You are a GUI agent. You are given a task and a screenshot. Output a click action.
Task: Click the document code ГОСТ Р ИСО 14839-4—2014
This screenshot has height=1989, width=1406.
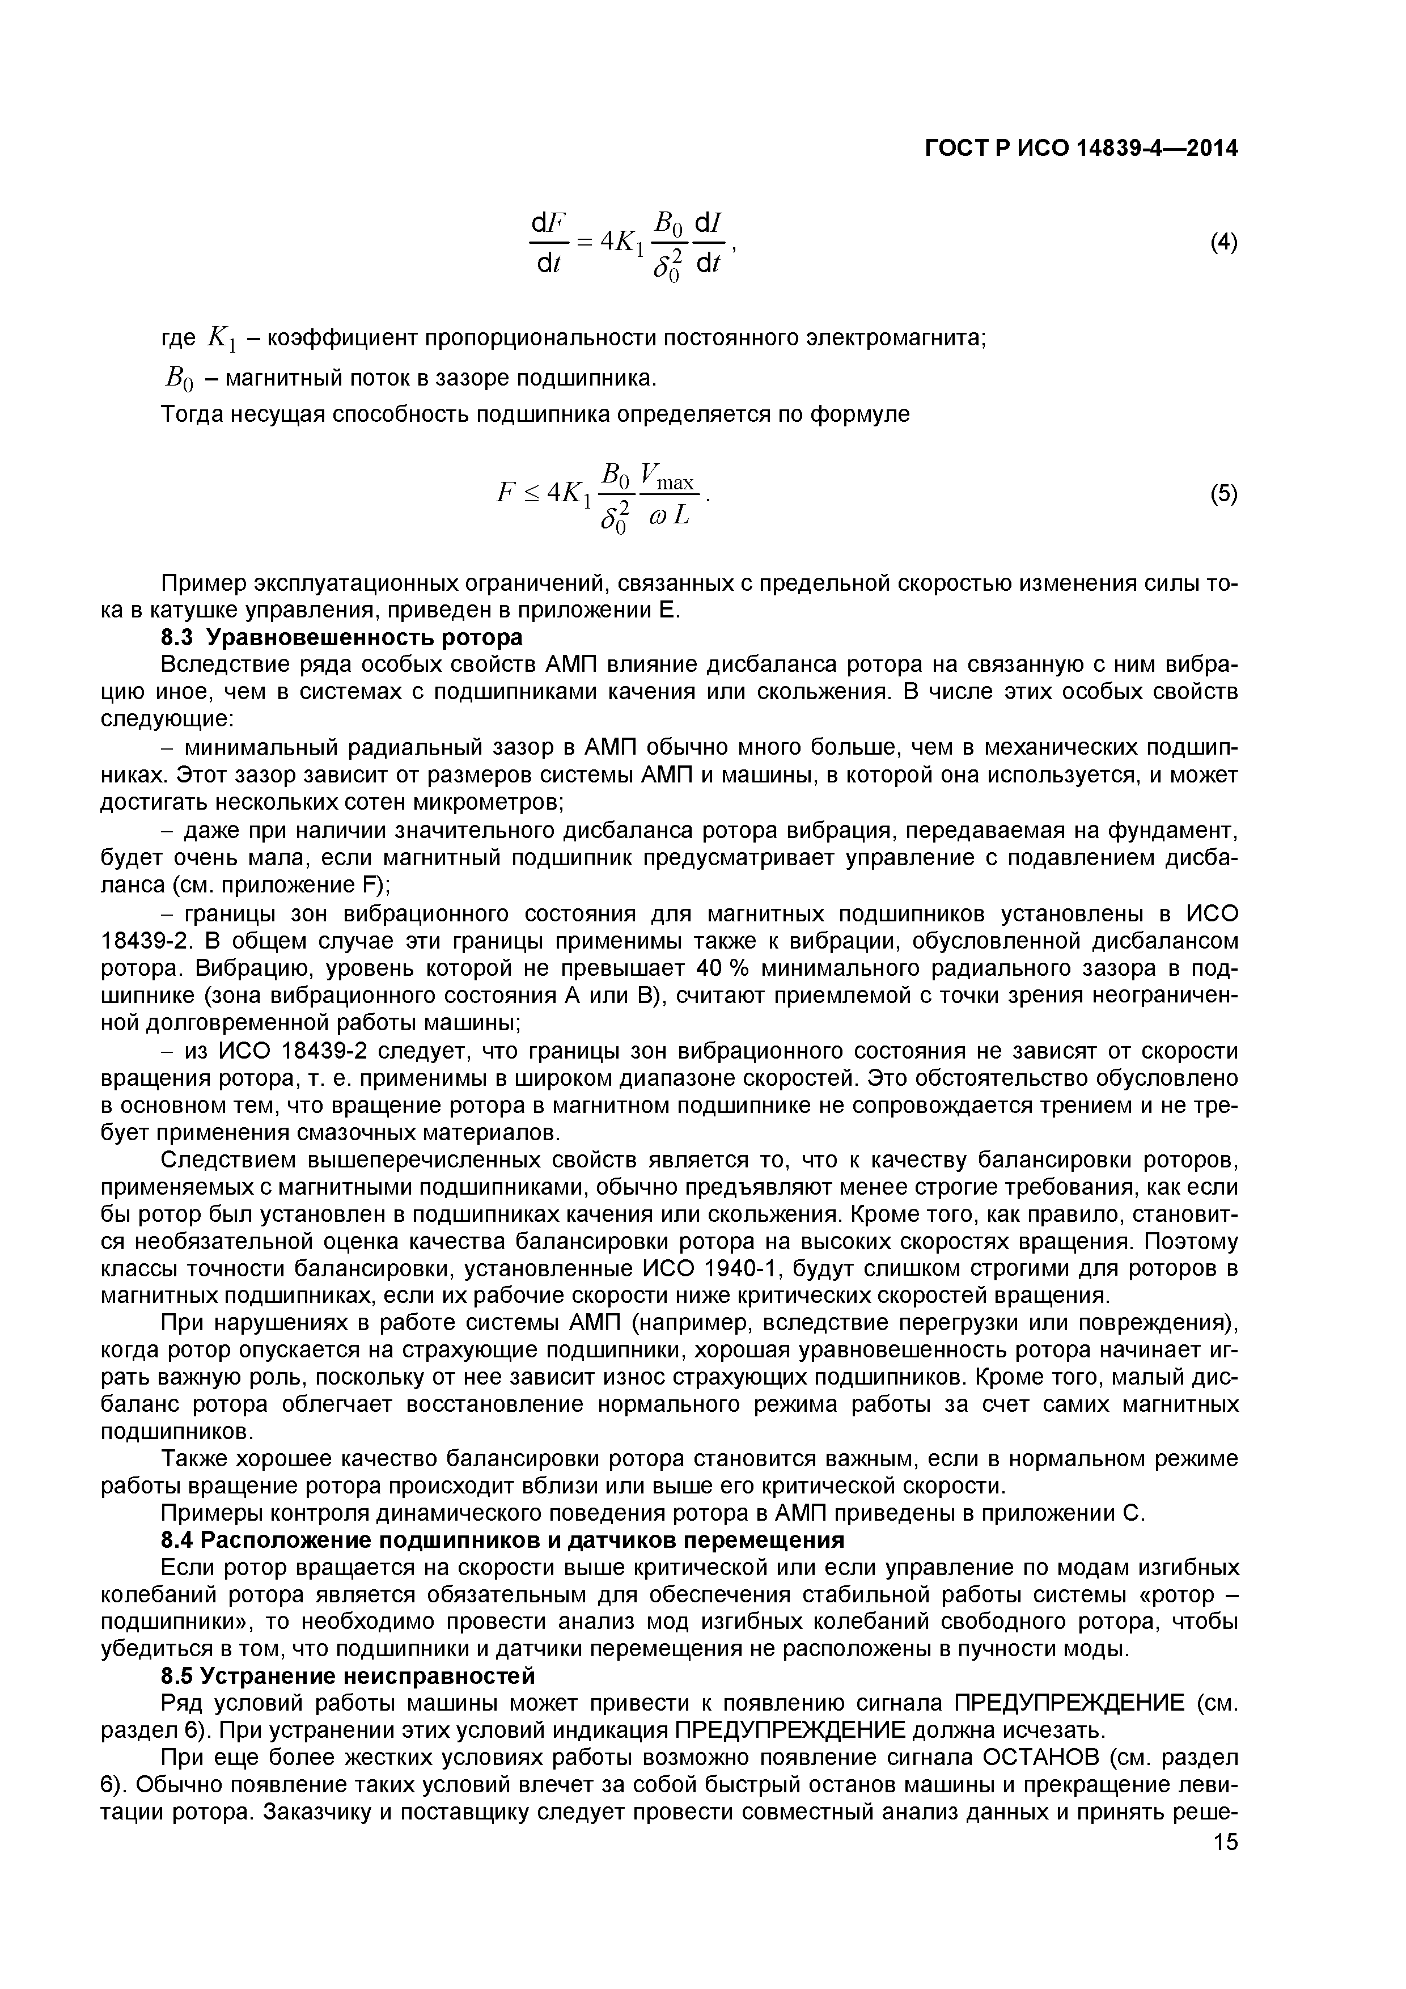[x=1081, y=150]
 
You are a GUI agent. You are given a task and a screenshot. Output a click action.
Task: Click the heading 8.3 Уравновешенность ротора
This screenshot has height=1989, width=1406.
[x=342, y=638]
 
